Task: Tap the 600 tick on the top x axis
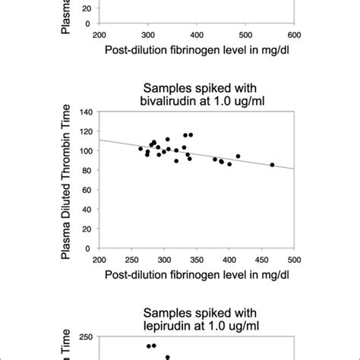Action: pos(294,35)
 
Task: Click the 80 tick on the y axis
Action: pos(86,170)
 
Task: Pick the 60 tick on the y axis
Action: pos(86,190)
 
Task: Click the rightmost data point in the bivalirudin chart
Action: pos(272,165)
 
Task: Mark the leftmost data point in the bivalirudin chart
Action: pos(141,149)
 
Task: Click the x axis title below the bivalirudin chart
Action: pos(197,274)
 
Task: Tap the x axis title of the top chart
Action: pos(197,52)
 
